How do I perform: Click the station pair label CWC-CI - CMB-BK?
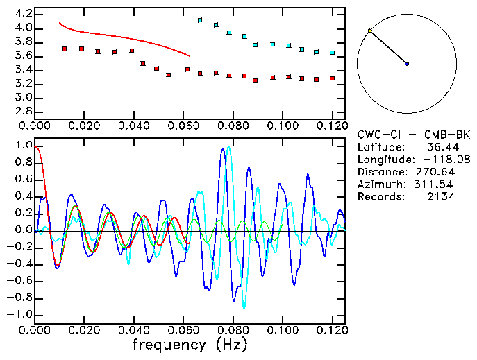(413, 134)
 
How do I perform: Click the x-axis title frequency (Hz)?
(189, 344)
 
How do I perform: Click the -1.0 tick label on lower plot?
(19, 314)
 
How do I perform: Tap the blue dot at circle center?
(407, 64)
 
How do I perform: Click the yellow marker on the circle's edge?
(370, 31)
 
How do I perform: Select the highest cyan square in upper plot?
(200, 21)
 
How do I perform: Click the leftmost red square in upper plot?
(65, 49)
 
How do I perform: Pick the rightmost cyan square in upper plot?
(333, 53)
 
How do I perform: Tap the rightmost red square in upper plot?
(333, 78)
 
